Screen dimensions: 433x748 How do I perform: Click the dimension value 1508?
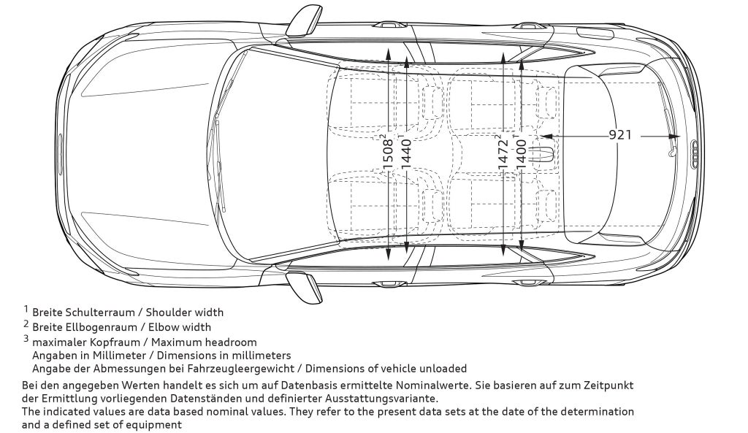click(x=389, y=153)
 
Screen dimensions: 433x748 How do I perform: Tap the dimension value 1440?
click(x=406, y=153)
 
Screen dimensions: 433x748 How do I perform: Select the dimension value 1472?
click(x=503, y=153)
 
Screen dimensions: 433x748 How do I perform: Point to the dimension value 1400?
click(x=521, y=153)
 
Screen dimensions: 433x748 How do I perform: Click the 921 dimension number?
click(x=620, y=135)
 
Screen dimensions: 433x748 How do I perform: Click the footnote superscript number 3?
click(x=26, y=339)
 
